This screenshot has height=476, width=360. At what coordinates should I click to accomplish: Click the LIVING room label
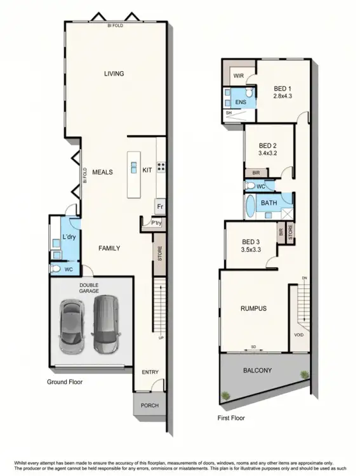(114, 74)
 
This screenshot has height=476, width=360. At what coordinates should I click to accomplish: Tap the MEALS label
(102, 172)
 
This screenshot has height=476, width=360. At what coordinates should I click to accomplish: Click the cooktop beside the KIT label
(161, 168)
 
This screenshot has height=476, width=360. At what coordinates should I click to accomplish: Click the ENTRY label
(150, 372)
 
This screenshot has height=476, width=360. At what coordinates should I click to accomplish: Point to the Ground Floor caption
(65, 382)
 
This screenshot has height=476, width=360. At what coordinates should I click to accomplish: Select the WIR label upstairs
(239, 75)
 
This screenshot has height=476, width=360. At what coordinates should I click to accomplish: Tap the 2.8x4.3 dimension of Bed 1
(282, 96)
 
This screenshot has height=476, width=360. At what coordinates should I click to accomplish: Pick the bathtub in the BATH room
(249, 207)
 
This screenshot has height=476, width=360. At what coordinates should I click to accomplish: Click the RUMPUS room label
(253, 308)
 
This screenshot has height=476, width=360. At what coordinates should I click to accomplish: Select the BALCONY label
(257, 370)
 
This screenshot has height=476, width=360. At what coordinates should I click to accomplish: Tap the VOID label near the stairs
(299, 334)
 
